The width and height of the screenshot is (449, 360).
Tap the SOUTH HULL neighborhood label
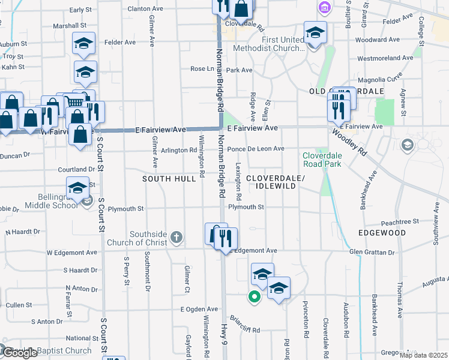[x=169, y=179]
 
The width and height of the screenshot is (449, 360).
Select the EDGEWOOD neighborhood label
[x=382, y=232]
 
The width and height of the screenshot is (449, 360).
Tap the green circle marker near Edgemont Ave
[x=254, y=296]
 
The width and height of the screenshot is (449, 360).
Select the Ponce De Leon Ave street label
[x=256, y=149]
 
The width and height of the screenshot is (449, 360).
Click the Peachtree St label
[x=394, y=222]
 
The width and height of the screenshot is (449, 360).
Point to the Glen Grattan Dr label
[x=373, y=251]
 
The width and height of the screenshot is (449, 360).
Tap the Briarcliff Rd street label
[x=243, y=330]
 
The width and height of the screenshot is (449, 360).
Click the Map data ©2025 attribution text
[x=424, y=355]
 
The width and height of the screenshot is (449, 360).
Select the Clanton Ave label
[x=146, y=9]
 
